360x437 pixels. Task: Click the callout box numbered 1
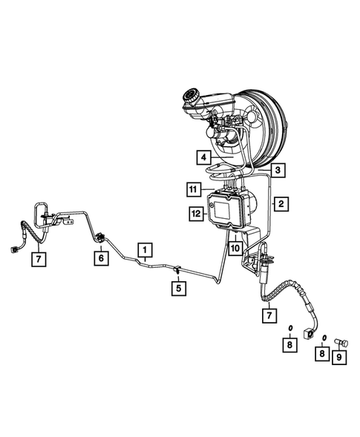(145, 249)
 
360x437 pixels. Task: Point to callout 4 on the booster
(201, 157)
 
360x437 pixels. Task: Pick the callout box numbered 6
(99, 257)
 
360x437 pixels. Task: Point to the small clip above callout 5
(177, 269)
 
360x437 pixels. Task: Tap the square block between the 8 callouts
(306, 338)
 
